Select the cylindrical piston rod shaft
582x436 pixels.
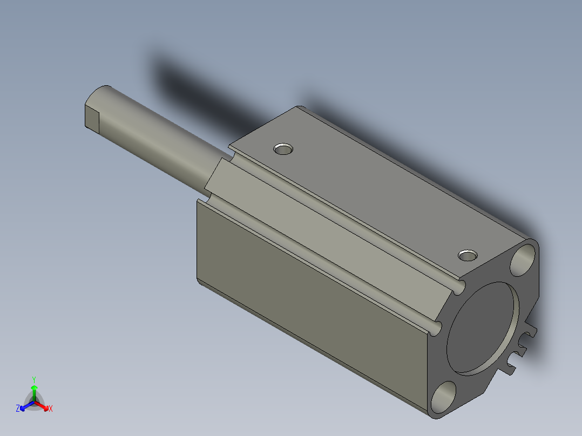coord(157,140)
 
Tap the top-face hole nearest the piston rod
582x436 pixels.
coord(283,148)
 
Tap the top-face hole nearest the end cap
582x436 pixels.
coord(468,254)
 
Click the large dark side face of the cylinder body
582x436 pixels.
coord(302,291)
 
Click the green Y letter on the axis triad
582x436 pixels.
coord(34,379)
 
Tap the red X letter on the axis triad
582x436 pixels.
coord(50,409)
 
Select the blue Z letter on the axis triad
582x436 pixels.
coord(18,409)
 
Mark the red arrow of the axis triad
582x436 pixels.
coord(43,405)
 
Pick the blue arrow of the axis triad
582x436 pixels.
coord(25,405)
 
